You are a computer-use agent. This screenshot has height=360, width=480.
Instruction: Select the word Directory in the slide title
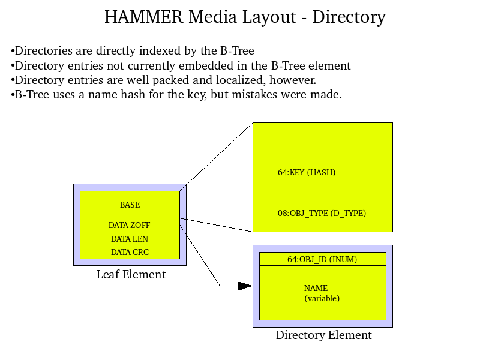349,17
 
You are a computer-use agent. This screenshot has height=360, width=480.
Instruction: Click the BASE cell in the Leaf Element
130,205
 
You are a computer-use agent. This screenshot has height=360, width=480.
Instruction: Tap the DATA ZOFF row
130,225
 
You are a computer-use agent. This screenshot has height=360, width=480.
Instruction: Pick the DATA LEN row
130,239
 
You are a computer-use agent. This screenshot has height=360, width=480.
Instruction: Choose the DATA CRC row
130,252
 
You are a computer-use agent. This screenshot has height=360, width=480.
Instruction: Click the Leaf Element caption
131,275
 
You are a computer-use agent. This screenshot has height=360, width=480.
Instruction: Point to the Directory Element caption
323,335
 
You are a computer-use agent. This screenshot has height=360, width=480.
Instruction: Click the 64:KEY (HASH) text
307,172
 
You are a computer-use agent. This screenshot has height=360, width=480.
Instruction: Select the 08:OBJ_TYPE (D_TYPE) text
322,213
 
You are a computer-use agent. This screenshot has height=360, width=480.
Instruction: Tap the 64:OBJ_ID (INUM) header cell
322,259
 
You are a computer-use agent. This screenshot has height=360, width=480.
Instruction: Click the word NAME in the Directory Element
316,288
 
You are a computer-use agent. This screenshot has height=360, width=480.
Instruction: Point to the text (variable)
322,298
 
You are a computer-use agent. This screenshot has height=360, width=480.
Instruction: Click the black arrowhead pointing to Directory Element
245,286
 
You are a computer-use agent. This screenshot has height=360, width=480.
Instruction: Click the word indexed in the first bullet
160,51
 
